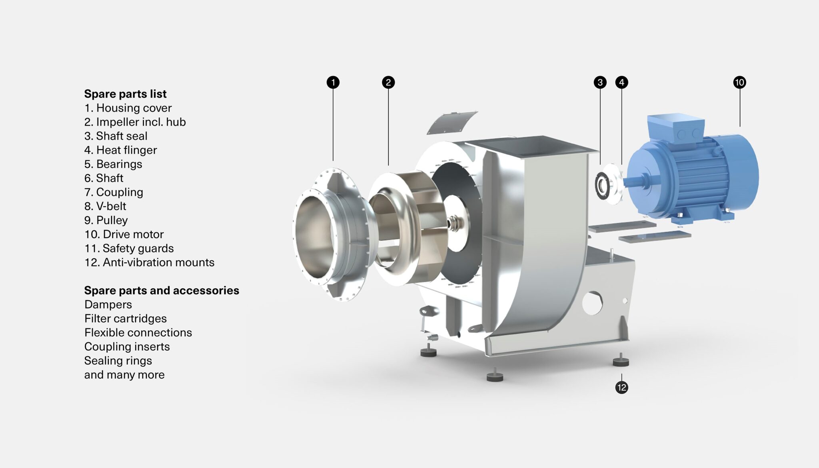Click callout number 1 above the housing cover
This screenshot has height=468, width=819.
333,82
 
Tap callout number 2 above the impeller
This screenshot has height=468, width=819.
388,82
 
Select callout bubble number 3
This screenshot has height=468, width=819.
600,82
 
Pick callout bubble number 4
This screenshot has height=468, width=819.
621,82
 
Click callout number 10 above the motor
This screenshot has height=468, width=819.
739,82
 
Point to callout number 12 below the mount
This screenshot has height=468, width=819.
621,387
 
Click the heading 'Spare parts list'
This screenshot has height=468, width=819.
125,94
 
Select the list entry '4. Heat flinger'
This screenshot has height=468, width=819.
120,150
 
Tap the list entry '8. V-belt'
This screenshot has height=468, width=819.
105,206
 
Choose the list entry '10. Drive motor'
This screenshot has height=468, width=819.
124,234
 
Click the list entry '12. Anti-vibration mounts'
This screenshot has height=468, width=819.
149,262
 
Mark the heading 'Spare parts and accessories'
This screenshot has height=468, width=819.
162,290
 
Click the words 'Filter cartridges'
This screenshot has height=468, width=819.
125,318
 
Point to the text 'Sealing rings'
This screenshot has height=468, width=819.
118,360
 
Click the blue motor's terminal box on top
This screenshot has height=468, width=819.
676,128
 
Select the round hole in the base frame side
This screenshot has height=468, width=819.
592,303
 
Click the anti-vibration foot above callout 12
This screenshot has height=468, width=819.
621,361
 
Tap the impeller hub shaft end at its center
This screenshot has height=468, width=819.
454,222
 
